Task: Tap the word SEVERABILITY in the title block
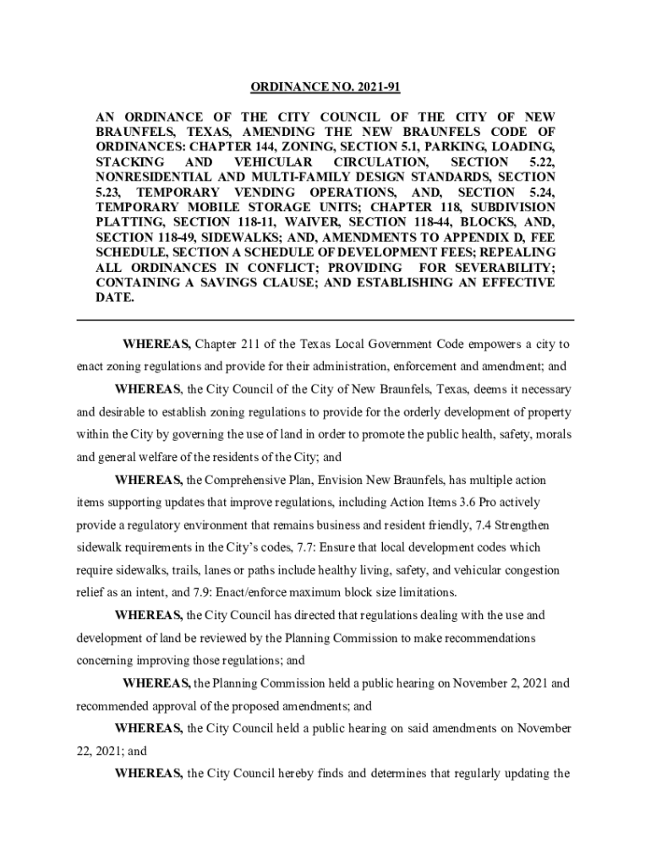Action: point(508,268)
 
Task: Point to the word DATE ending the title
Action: point(114,298)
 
